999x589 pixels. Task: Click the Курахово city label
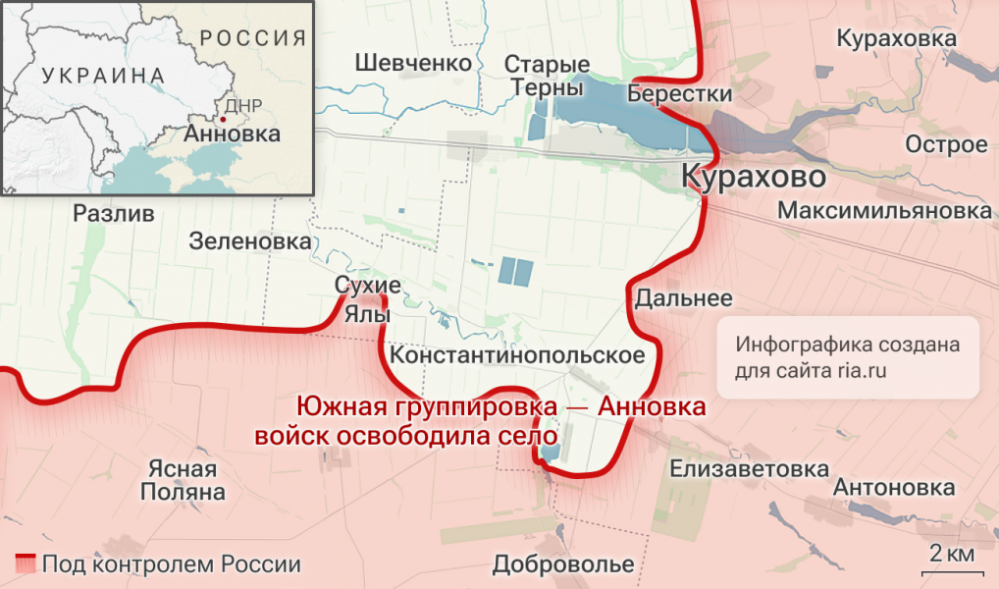[x=753, y=180]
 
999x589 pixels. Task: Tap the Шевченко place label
[x=413, y=63]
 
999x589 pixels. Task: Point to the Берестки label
[x=680, y=94]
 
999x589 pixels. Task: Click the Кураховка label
[x=896, y=38]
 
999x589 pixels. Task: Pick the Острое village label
[x=946, y=145]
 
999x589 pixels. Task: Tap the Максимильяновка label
[x=883, y=211]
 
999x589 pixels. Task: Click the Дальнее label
[x=684, y=298]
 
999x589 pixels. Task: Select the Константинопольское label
[x=517, y=355]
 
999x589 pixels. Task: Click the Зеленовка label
[x=250, y=241]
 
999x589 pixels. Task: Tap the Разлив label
[x=114, y=214]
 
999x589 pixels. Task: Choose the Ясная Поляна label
[x=183, y=480]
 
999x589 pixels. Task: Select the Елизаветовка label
[x=749, y=469]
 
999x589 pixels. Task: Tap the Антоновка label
[x=893, y=488]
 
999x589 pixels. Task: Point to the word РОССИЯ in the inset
[x=252, y=39]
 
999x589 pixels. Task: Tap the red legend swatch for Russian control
[x=26, y=564]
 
